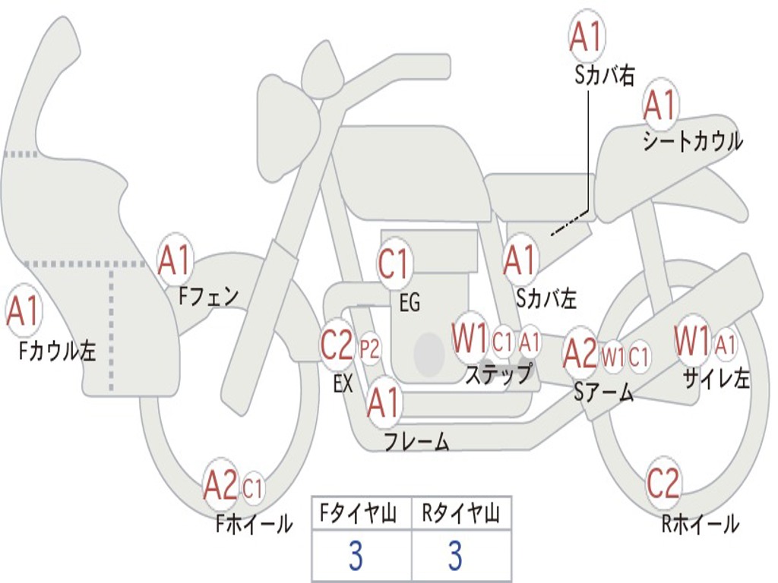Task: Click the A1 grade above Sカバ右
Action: pos(587,37)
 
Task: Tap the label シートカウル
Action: pos(692,142)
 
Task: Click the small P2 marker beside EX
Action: pos(369,348)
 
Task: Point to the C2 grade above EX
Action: pos(337,345)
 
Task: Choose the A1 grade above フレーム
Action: pos(383,403)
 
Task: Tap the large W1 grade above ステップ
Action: pos(470,339)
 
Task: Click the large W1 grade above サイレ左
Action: pos(692,342)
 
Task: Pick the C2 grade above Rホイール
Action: pos(663,484)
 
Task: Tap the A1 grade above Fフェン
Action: pos(176,261)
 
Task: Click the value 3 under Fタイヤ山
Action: pos(356,556)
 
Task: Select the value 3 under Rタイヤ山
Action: pos(455,556)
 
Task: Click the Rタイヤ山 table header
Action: pos(460,515)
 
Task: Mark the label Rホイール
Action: pos(701,525)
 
